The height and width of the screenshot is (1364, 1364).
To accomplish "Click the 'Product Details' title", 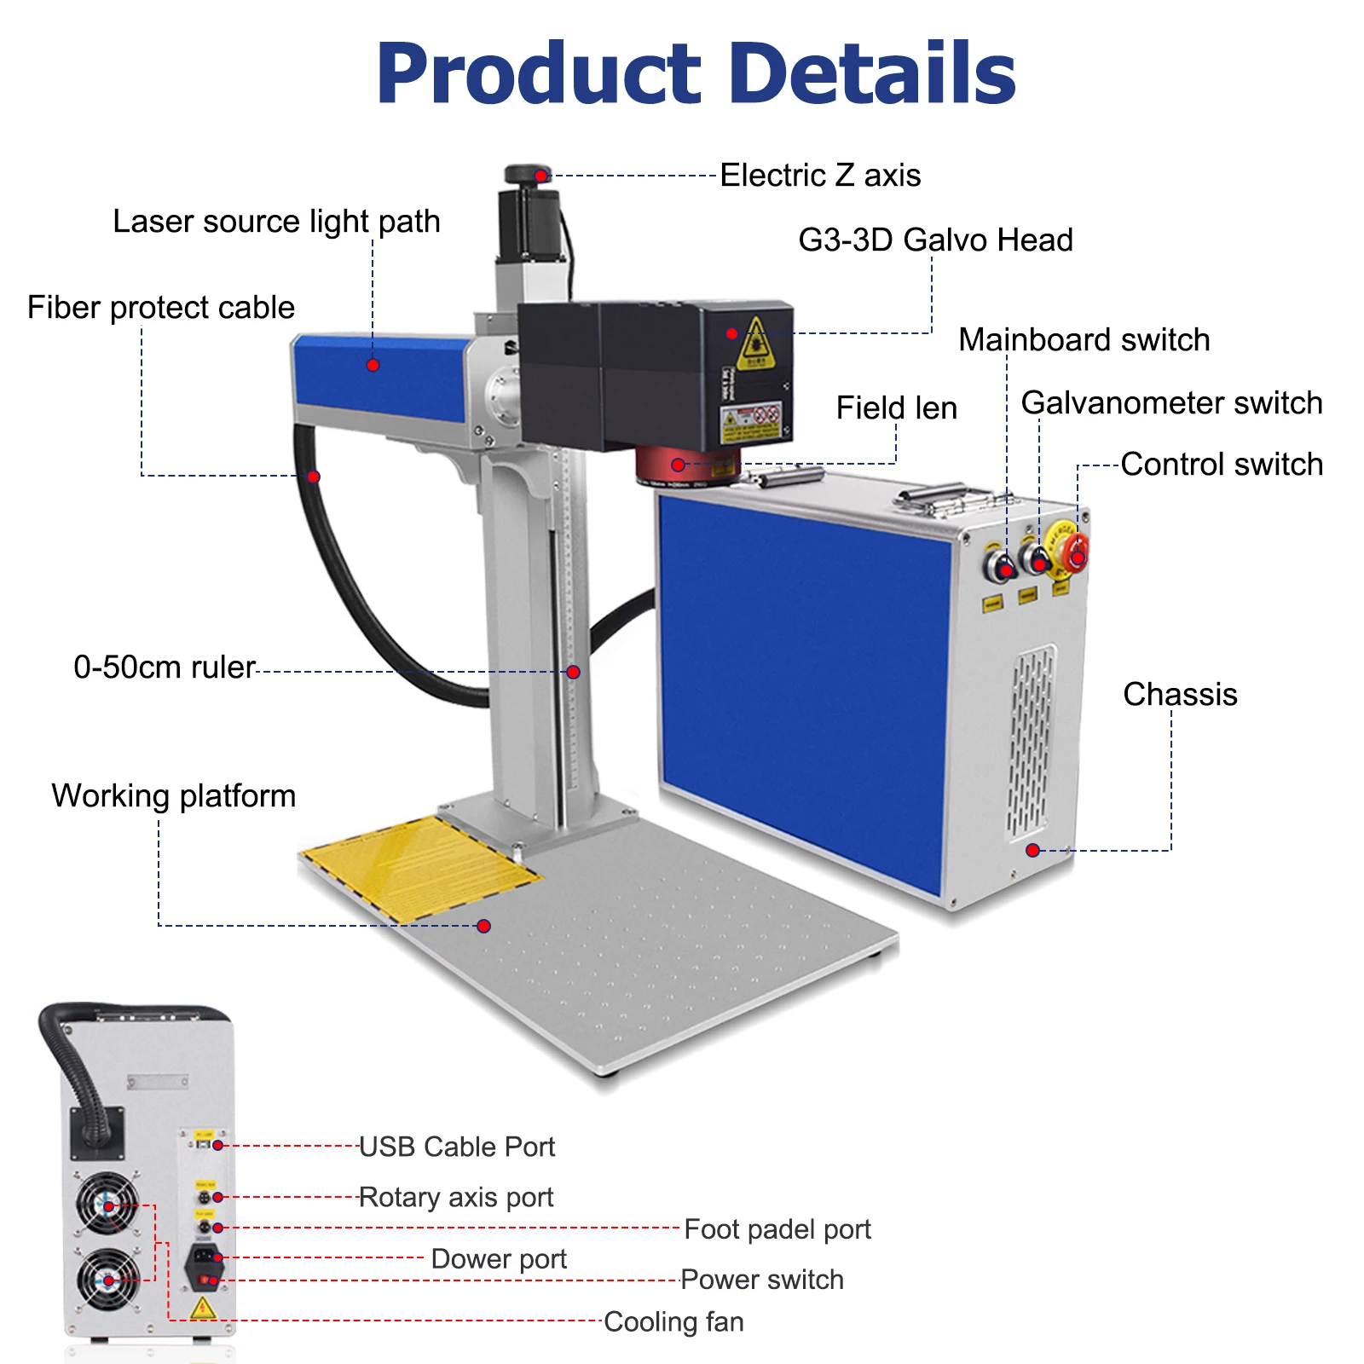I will (696, 73).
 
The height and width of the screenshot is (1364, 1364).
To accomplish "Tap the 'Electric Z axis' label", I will (820, 176).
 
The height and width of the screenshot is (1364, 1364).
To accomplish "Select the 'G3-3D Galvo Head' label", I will (935, 240).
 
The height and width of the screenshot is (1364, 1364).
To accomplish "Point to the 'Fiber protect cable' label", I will (161, 308).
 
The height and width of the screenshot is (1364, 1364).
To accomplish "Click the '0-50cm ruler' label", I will (165, 668).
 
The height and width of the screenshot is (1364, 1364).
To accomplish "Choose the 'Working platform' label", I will (174, 796).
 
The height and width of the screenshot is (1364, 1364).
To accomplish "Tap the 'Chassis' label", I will (1180, 695).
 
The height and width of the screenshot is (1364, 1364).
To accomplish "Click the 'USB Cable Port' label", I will (457, 1147).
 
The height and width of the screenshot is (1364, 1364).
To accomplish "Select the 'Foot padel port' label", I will (777, 1230).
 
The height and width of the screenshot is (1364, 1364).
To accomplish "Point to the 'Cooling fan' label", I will (673, 1322).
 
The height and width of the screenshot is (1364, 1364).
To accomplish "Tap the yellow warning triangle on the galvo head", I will (755, 342).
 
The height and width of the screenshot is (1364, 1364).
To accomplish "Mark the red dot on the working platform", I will (483, 926).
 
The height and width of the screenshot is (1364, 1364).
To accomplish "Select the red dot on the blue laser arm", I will (373, 365).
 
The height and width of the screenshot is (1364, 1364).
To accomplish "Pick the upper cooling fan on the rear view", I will (107, 1204).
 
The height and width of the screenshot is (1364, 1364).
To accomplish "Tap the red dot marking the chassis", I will (1032, 850).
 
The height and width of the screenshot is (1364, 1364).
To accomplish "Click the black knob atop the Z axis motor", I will (529, 175).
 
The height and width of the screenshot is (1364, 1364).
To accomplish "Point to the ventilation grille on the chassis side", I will (1032, 742).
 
